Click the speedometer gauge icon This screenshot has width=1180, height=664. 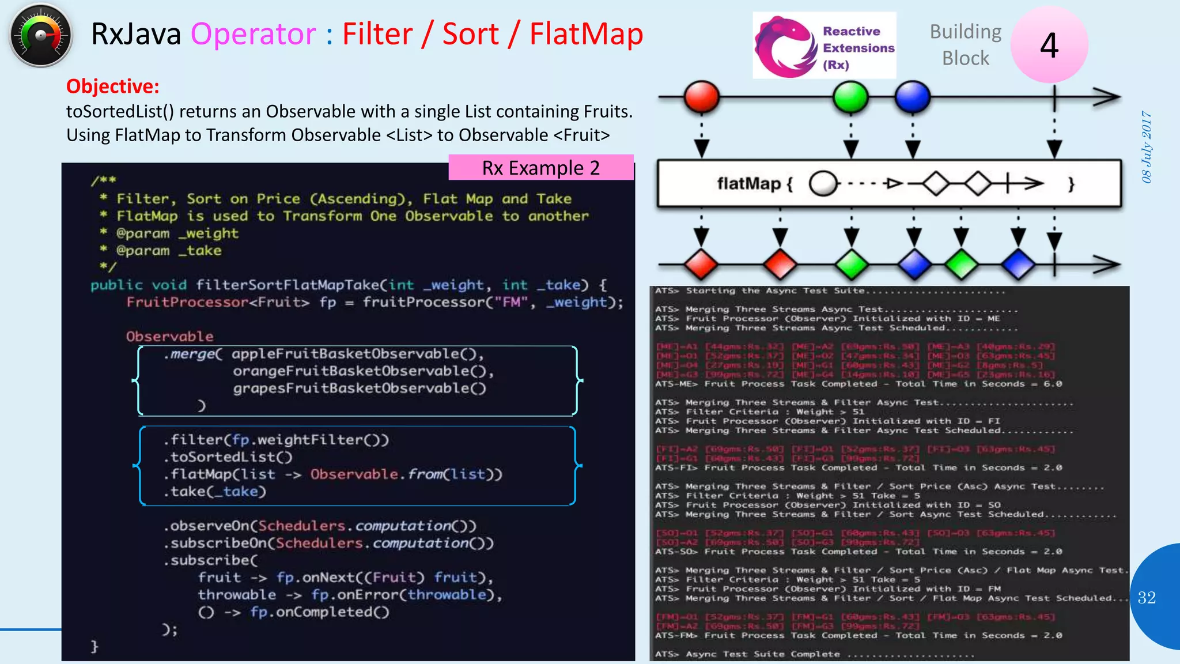click(x=40, y=36)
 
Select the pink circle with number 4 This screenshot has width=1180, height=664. click(x=1049, y=45)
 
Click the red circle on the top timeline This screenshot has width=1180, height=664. click(x=701, y=97)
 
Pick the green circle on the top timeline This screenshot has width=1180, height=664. click(x=850, y=97)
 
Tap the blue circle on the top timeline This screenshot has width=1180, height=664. click(x=912, y=97)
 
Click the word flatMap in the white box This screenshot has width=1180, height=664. click(x=748, y=184)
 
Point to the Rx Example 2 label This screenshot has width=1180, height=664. click(x=540, y=168)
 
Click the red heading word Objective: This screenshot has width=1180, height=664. click(x=112, y=86)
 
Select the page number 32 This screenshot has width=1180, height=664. click(x=1147, y=598)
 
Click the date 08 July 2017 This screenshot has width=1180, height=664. click(x=1147, y=147)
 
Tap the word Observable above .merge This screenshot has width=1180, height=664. click(x=169, y=337)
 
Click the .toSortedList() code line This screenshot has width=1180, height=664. click(x=228, y=457)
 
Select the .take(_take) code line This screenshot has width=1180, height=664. click(x=215, y=492)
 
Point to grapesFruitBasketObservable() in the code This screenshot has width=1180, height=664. click(x=360, y=388)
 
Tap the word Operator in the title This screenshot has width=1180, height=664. click(x=254, y=34)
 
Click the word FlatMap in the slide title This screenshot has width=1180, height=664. click(x=586, y=34)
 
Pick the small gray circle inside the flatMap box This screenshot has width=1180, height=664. click(x=823, y=184)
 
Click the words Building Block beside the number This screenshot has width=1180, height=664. click(x=966, y=45)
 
